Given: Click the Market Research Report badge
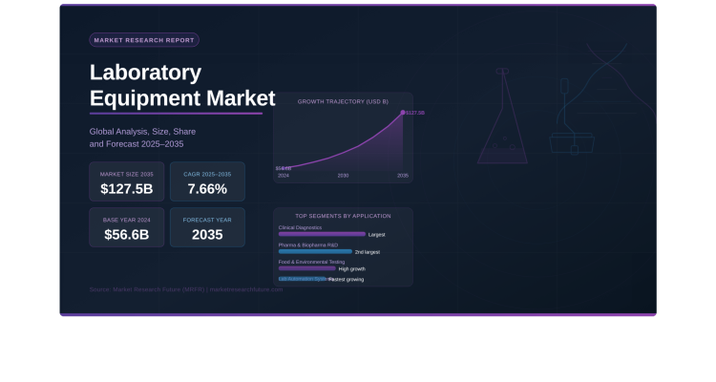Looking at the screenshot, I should (144, 40).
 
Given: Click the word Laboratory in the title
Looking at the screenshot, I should (145, 73).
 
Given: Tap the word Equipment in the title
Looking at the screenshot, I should (157, 98).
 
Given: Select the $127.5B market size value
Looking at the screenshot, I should (126, 188).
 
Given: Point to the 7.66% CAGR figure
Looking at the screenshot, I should (207, 188).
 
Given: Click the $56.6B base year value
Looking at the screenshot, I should (126, 234).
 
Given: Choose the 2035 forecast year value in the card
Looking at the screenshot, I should (207, 234).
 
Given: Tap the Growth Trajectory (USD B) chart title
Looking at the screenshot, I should (343, 101).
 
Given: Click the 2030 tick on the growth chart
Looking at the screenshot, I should (343, 176).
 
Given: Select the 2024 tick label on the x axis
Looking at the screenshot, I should (284, 176).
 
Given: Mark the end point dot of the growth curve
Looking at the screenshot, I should (403, 113).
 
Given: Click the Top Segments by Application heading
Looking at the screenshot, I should (343, 216).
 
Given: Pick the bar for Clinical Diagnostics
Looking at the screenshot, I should (322, 234).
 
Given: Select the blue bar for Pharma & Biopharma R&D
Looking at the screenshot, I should (315, 251).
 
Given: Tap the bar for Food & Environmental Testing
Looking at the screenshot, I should (306, 268).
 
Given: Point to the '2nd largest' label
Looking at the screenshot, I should (368, 252).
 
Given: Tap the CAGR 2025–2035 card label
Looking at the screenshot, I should (207, 174).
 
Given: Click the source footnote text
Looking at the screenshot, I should (186, 288).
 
